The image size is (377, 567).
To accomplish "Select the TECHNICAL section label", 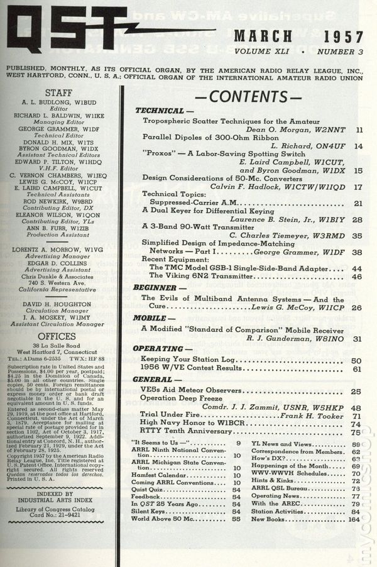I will [160, 111].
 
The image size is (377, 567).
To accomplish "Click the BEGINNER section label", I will [157, 287].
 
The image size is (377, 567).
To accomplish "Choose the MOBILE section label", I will [153, 318].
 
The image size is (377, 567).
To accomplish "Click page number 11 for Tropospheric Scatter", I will [359, 130].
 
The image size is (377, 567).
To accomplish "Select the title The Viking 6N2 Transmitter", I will [199, 276].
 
